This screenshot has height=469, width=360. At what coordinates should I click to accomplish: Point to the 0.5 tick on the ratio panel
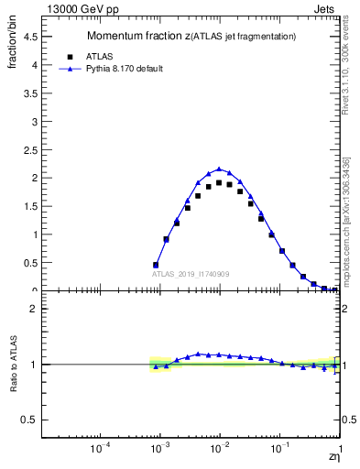click(x=28, y=420)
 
